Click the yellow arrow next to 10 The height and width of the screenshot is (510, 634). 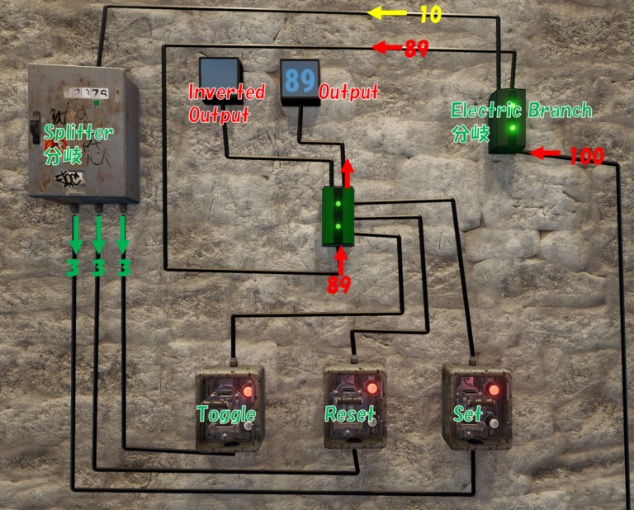[389, 13]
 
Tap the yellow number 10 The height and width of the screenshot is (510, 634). [430, 14]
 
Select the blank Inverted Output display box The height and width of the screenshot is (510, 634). [220, 73]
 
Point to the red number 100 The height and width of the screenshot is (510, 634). [586, 155]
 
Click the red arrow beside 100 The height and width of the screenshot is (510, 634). [545, 153]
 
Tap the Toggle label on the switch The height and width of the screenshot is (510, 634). [225, 413]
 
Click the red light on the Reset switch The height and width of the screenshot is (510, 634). [371, 388]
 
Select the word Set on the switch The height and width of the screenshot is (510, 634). [467, 413]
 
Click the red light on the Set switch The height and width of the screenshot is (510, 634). [494, 389]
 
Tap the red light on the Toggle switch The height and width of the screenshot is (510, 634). [248, 390]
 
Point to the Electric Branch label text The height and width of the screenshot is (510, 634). [521, 111]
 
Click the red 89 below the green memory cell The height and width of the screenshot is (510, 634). [339, 285]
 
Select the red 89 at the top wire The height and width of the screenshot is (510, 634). [416, 49]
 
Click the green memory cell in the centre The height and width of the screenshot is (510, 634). [338, 216]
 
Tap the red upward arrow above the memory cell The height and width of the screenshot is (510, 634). [346, 173]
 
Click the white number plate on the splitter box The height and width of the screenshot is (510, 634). [90, 93]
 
